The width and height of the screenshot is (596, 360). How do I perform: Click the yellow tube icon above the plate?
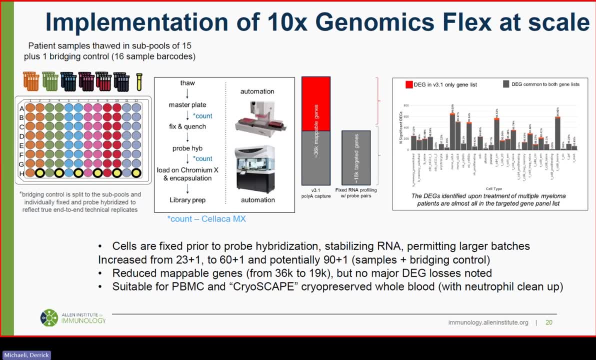point(139,82)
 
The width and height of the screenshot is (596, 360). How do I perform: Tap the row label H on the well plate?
point(22,173)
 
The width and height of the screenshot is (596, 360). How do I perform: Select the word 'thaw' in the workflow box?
point(187,83)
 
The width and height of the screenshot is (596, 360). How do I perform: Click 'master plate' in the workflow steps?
point(187,104)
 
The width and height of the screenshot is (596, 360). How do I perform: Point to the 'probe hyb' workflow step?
point(187,148)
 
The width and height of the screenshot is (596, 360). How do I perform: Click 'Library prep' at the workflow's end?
point(187,200)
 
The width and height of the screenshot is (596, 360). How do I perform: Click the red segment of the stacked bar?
point(315,103)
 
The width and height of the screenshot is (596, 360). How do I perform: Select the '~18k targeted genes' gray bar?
point(356,157)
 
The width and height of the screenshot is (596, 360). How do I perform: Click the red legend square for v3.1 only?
point(409,84)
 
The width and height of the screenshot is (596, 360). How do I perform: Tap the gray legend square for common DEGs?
point(506,84)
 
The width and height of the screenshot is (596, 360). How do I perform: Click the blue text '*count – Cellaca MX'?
point(206,218)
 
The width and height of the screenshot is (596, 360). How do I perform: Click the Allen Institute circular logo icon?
point(49,317)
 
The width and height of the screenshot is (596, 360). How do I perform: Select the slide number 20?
point(549,322)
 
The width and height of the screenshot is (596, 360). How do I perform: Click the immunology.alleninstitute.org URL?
point(488,322)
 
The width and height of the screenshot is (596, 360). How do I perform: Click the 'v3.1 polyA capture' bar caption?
point(315,192)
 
